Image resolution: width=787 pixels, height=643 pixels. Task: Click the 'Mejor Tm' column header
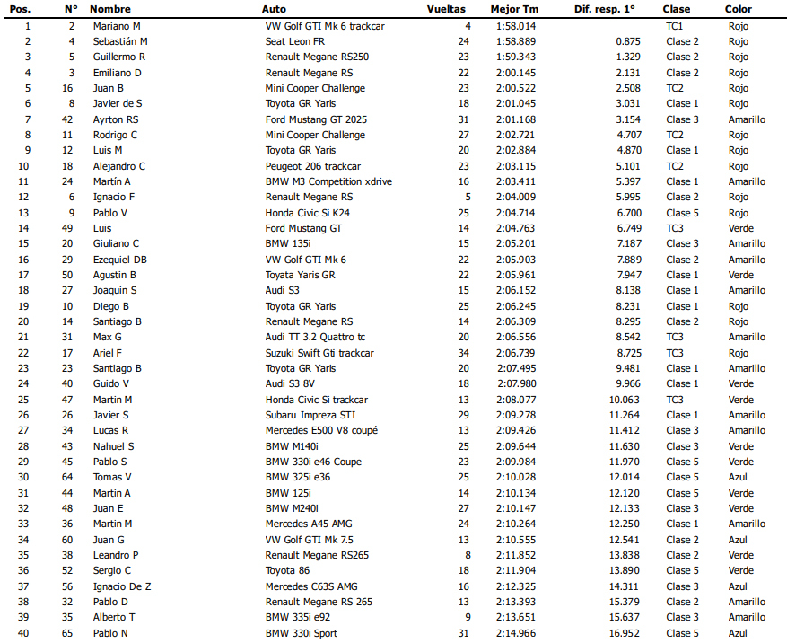514,9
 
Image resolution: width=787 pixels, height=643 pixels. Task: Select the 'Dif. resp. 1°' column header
604,9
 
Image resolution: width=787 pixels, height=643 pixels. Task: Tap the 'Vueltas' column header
446,9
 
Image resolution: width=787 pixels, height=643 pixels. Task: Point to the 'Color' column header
739,9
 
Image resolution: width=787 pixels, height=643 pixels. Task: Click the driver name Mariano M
117,26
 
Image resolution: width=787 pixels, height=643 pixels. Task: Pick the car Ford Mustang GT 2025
317,119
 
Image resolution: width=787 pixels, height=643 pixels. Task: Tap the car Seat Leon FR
295,41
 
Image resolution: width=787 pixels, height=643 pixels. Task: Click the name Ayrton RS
116,119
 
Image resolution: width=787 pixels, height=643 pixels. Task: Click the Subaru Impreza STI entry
310,415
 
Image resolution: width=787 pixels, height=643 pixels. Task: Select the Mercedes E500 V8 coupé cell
321,430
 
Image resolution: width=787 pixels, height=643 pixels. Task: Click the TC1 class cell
675,26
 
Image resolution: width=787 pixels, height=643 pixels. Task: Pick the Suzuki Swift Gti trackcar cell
319,353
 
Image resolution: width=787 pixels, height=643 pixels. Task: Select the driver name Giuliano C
116,243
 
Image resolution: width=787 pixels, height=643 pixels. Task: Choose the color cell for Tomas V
737,477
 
